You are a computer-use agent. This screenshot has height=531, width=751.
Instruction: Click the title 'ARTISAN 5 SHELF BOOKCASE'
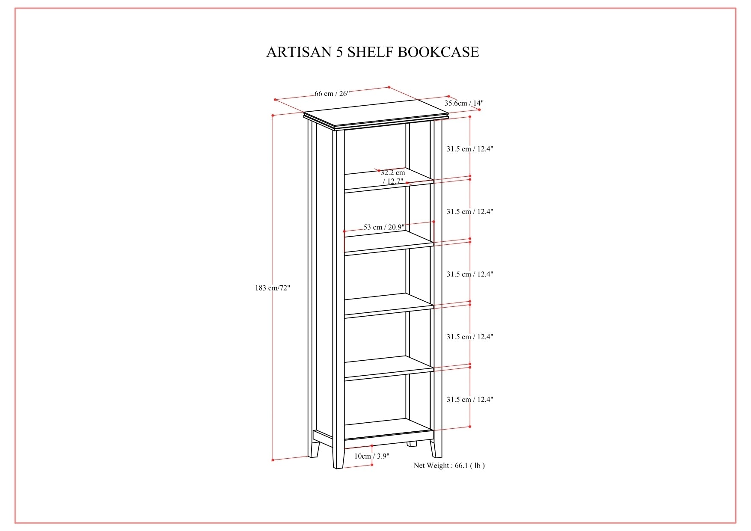click(x=372, y=52)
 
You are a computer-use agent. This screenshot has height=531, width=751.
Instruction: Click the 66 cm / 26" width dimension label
click(x=332, y=94)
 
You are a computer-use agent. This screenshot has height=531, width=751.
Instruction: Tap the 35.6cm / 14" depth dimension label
click(x=464, y=103)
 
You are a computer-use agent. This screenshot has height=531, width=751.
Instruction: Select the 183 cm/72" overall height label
click(x=273, y=288)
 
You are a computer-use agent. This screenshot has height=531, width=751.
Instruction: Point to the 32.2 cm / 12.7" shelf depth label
click(x=393, y=177)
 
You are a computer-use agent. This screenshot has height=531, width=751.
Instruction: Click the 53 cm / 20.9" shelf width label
click(x=384, y=227)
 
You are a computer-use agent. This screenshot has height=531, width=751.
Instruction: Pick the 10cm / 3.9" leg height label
click(x=371, y=456)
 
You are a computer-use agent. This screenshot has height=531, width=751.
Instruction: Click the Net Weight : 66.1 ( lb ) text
click(x=449, y=466)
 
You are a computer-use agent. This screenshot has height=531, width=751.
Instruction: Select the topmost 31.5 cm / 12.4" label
click(x=470, y=149)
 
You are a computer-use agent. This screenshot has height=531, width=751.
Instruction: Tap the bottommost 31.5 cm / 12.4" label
click(x=470, y=400)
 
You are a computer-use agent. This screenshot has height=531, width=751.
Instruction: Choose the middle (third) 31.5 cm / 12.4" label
click(x=470, y=274)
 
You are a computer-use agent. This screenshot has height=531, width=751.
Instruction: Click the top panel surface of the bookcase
click(x=377, y=113)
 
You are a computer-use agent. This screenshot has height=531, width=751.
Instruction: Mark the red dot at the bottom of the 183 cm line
click(x=273, y=460)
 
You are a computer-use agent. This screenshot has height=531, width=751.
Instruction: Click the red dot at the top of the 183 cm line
click(x=273, y=115)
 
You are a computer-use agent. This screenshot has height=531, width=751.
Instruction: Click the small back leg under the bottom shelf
click(x=412, y=444)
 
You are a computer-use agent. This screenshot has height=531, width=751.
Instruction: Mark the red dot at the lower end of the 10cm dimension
click(x=372, y=465)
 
